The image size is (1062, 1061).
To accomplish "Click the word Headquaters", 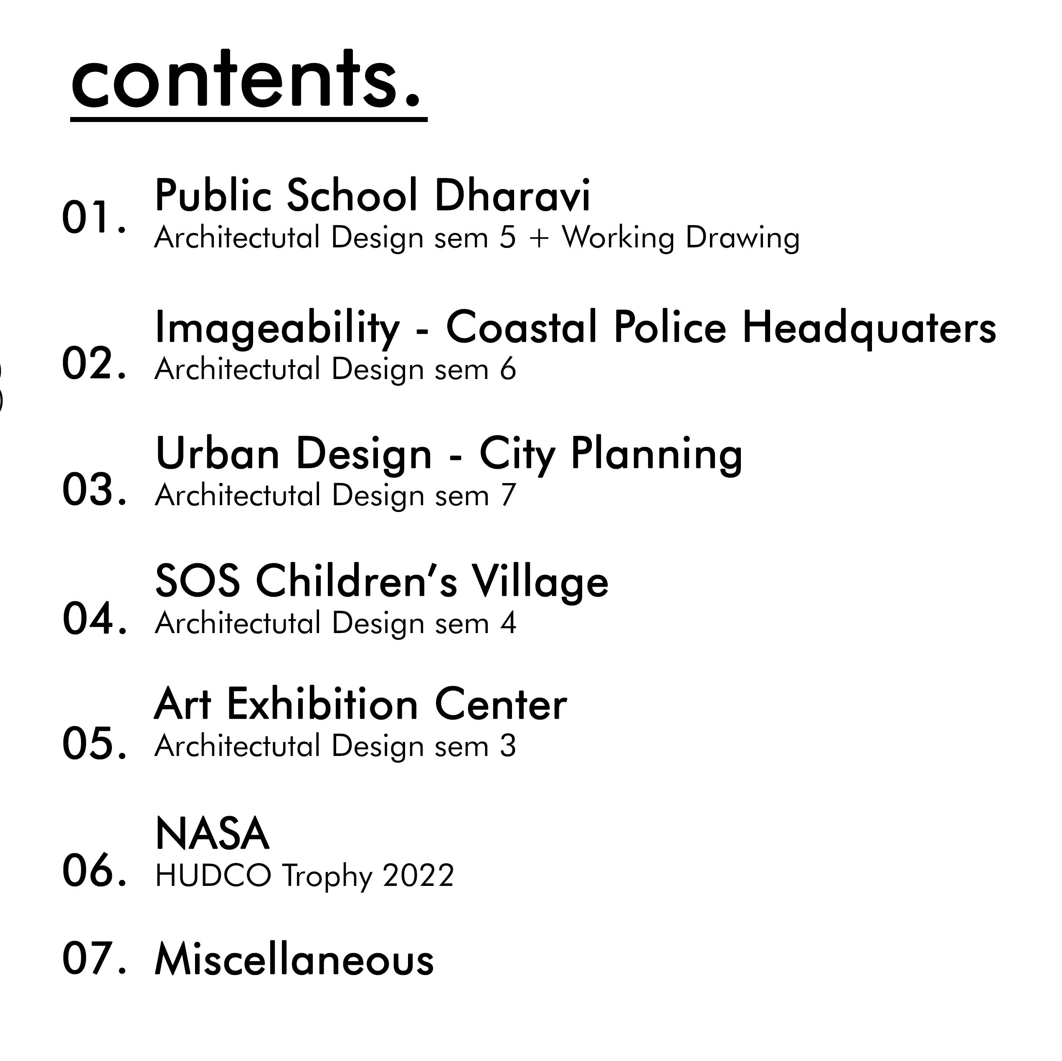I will [x=869, y=328].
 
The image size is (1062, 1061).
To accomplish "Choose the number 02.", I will [x=94, y=364].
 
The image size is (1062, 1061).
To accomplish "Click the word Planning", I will [x=657, y=454].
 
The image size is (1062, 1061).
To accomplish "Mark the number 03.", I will [x=94, y=490].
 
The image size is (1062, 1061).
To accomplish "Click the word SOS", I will [x=198, y=581].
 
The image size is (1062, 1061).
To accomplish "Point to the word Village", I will [x=541, y=581].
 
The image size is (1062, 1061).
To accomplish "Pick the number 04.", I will [x=94, y=619].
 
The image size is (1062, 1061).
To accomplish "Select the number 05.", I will [x=94, y=744].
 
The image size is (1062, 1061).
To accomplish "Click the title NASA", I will [x=212, y=834].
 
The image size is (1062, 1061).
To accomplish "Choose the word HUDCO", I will [x=213, y=875].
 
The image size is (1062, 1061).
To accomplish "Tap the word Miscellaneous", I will [x=294, y=960].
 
